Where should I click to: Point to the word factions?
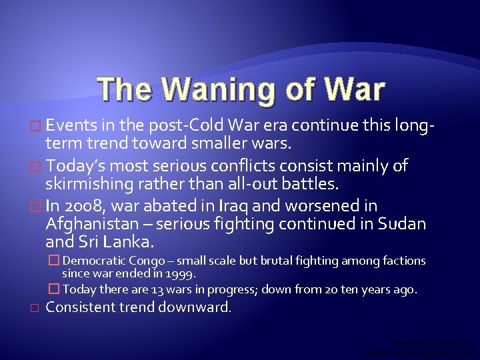[404, 261]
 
